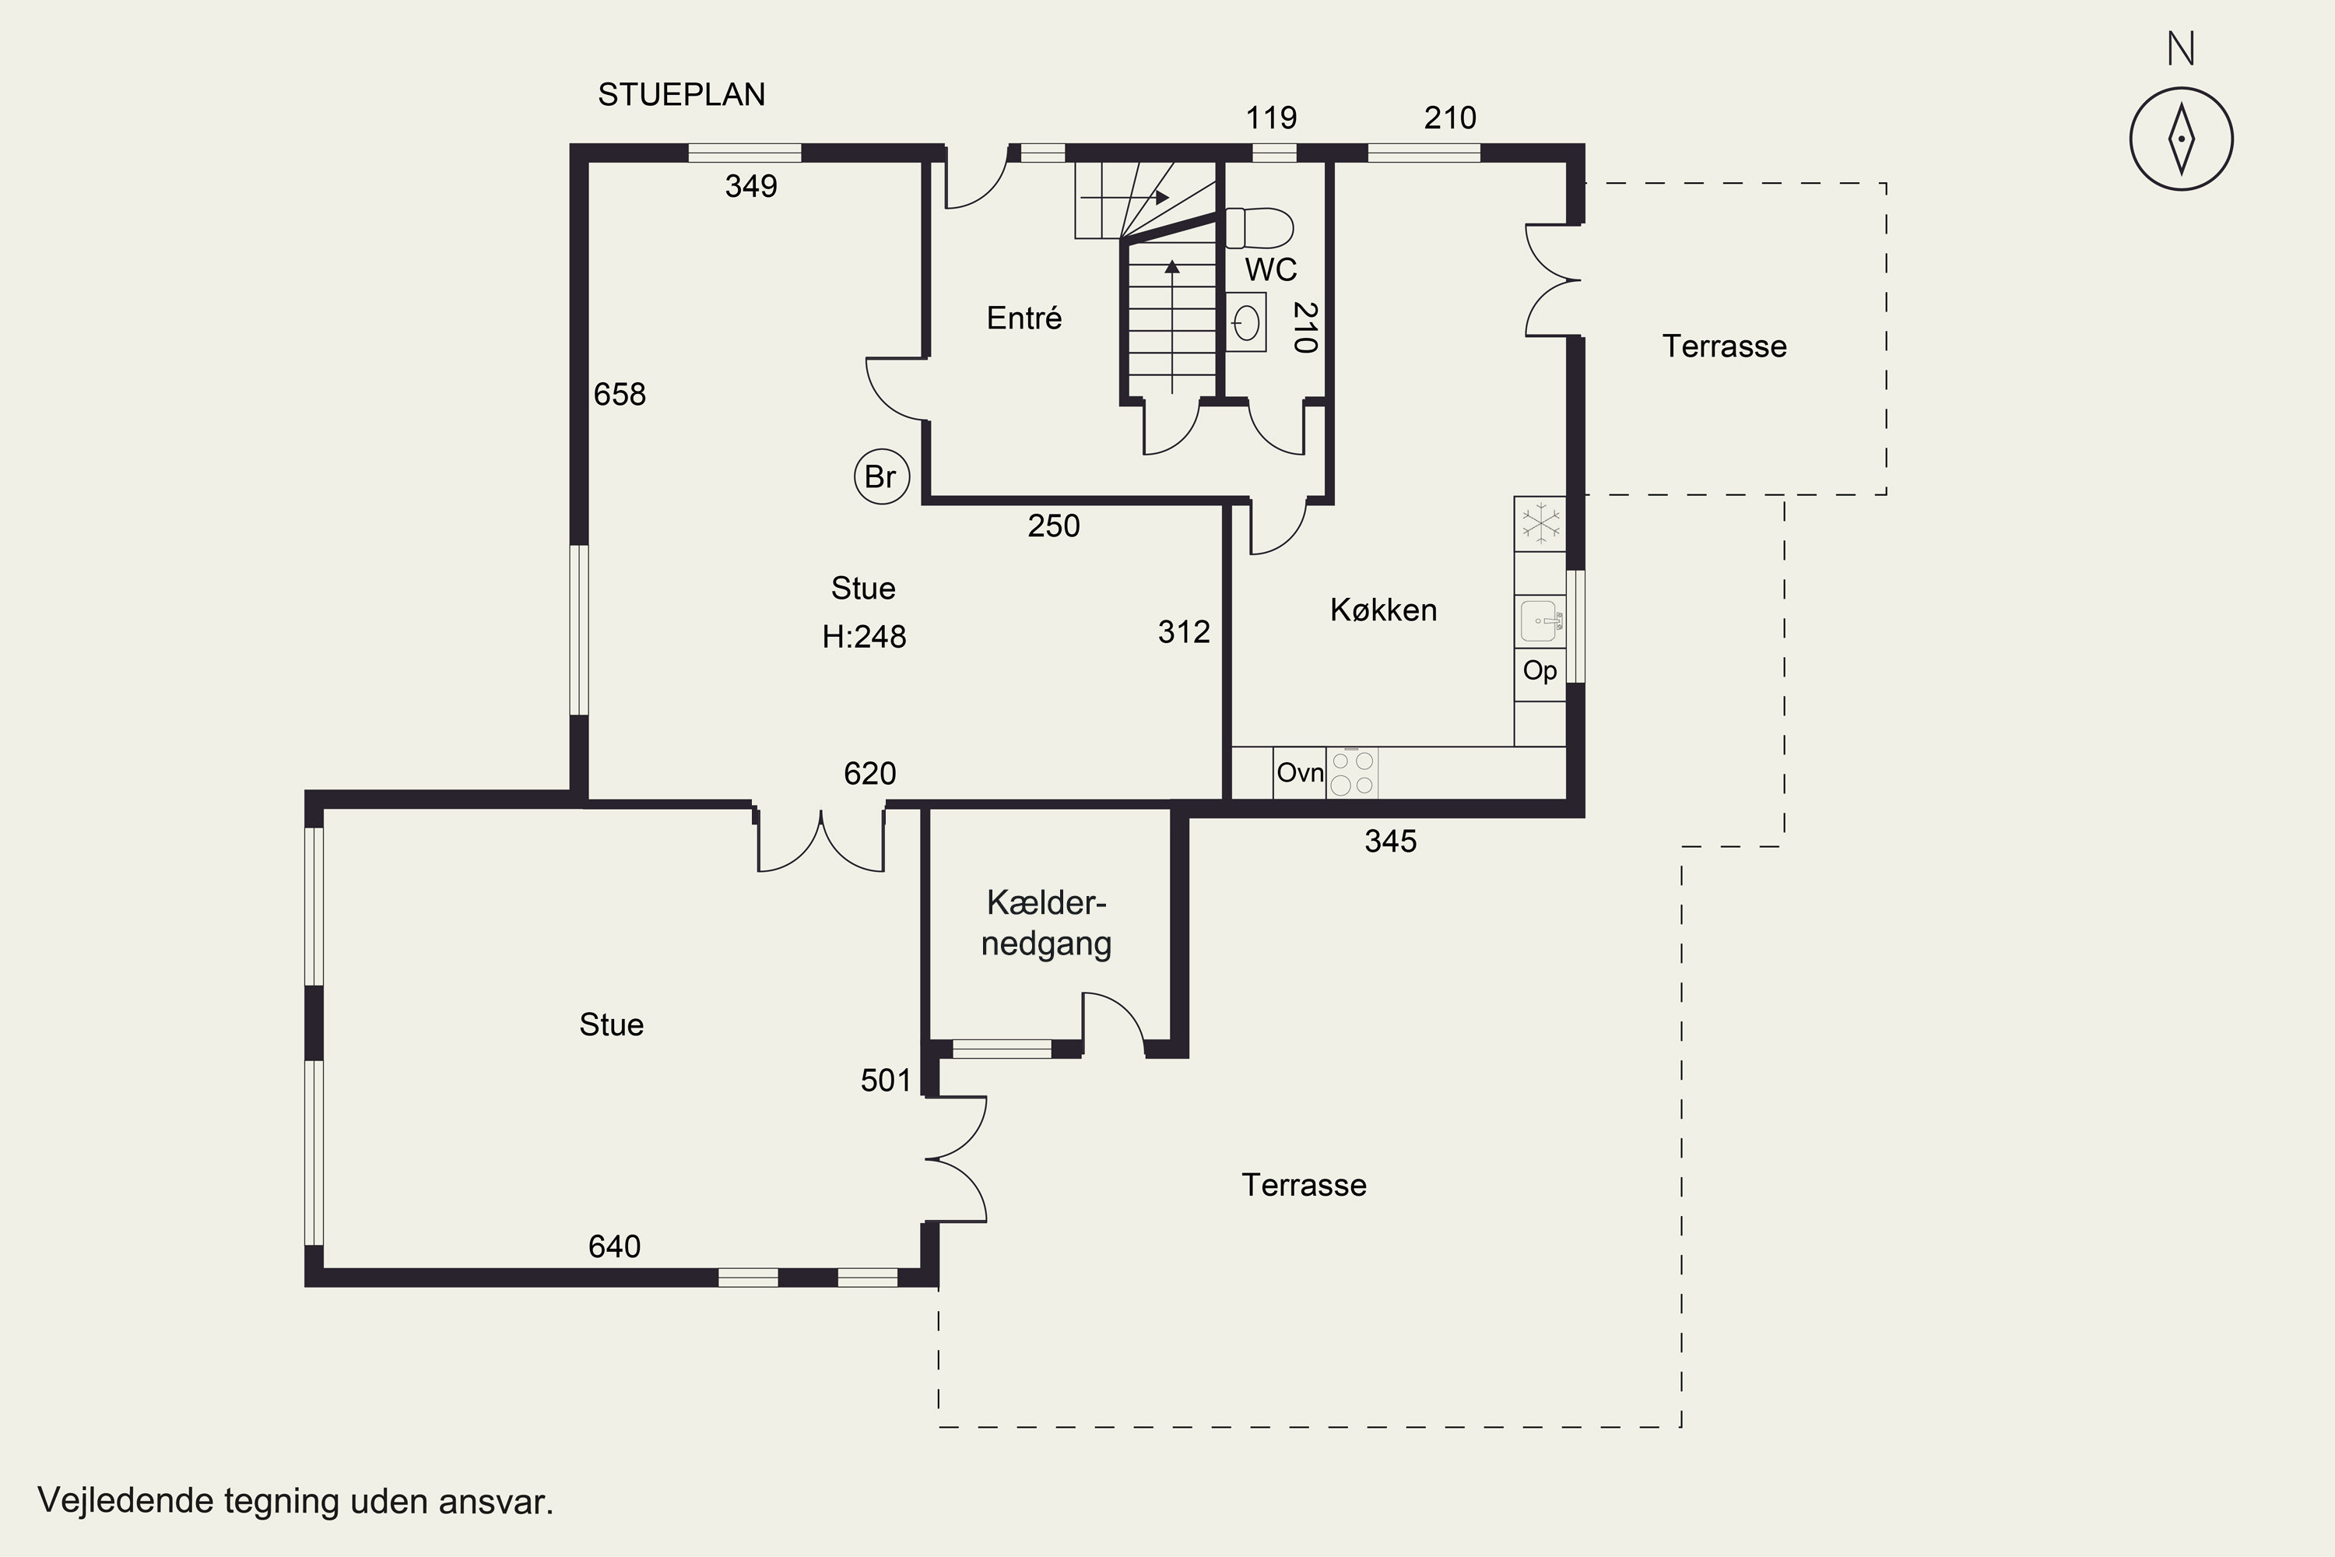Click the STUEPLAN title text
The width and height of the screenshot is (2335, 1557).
pyautogui.click(x=681, y=94)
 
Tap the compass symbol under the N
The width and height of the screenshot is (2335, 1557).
pyautogui.click(x=2181, y=139)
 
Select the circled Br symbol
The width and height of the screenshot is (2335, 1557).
pyautogui.click(x=882, y=476)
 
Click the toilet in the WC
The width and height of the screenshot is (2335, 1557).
pyautogui.click(x=1259, y=227)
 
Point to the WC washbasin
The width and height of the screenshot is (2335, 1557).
pyautogui.click(x=1246, y=322)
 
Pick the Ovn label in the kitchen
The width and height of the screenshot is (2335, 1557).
pyautogui.click(x=1301, y=772)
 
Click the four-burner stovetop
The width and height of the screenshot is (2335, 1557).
pyautogui.click(x=1352, y=772)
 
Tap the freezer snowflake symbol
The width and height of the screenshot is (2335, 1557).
pyautogui.click(x=1540, y=523)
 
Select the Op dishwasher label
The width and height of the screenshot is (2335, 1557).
pyautogui.click(x=1540, y=671)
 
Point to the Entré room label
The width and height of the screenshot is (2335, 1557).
pyautogui.click(x=1024, y=318)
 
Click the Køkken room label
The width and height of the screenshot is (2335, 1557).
pyautogui.click(x=1383, y=610)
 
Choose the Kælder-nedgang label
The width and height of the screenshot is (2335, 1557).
pyautogui.click(x=1046, y=923)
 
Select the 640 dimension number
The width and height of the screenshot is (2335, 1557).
pyautogui.click(x=615, y=1246)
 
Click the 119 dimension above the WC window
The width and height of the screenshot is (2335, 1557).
pyautogui.click(x=1271, y=118)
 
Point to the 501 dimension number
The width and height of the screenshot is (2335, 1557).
pyautogui.click(x=886, y=1081)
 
